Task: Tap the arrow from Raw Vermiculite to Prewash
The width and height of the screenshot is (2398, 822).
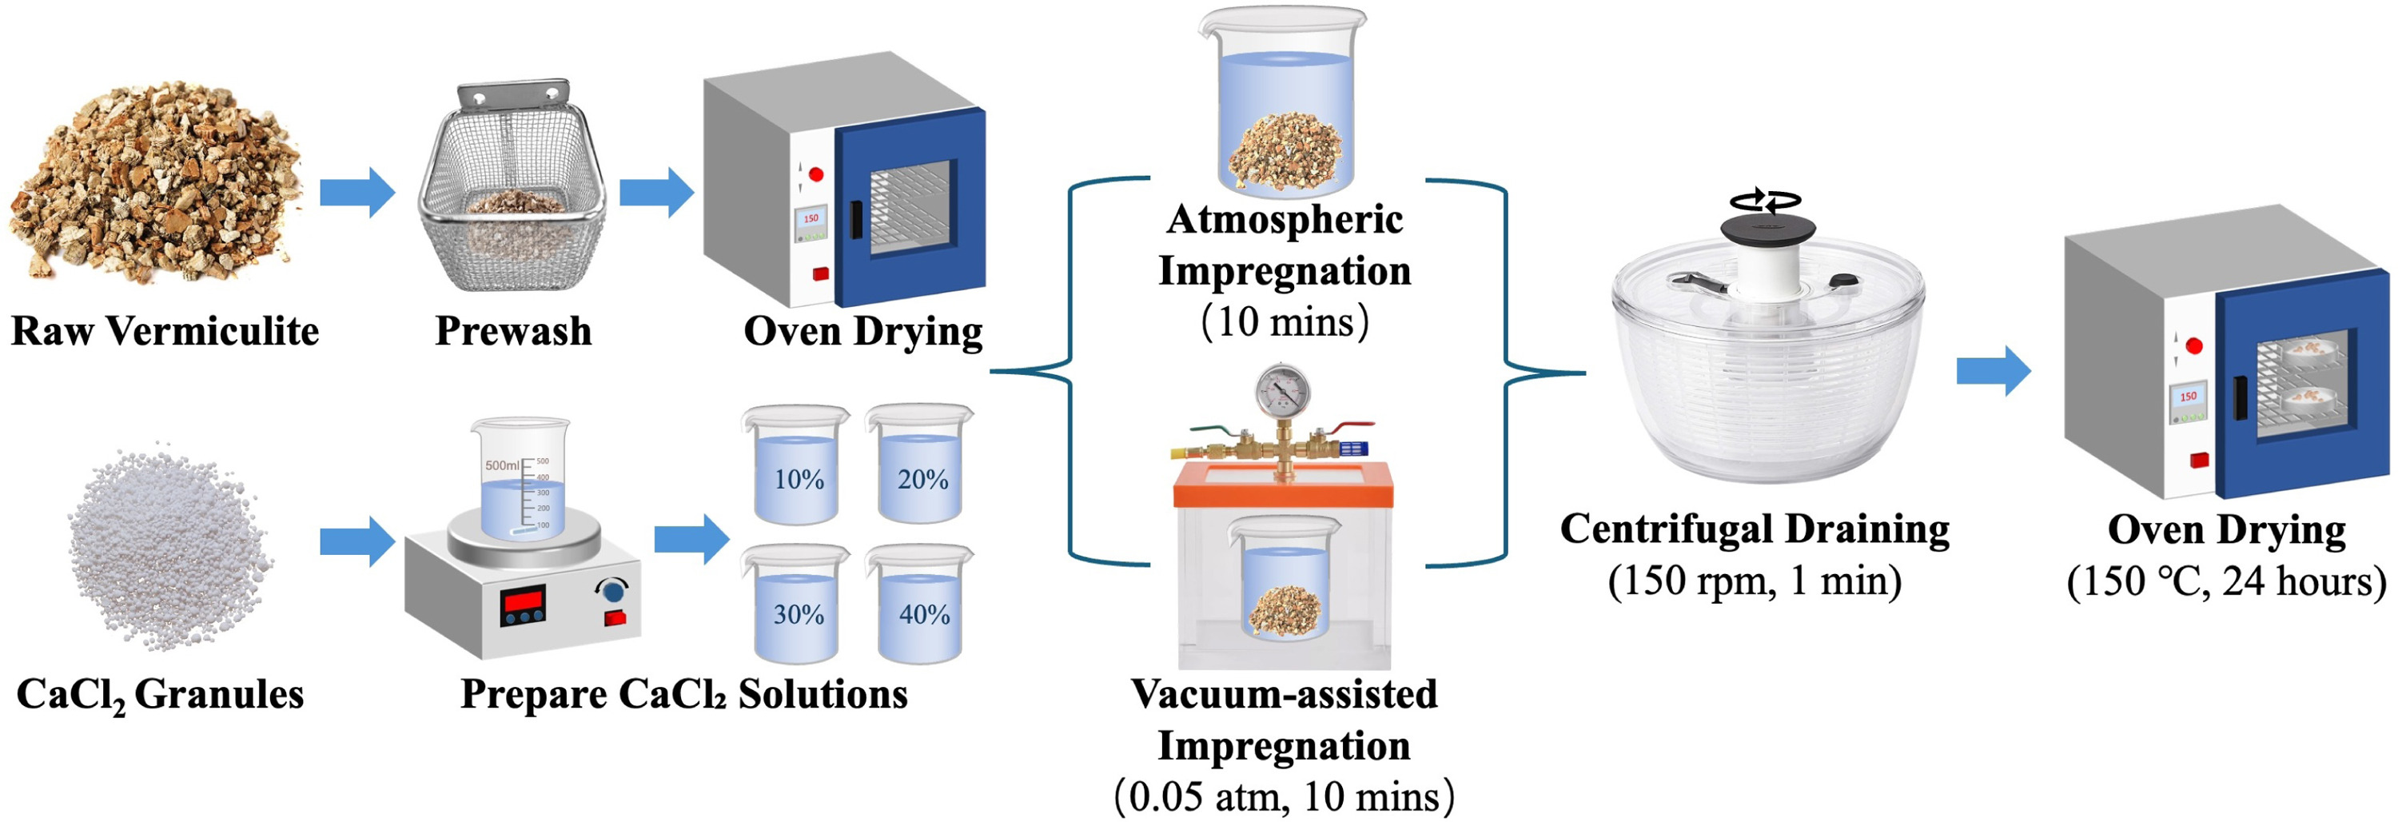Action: (357, 193)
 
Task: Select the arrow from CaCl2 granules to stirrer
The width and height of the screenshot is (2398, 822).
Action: (357, 541)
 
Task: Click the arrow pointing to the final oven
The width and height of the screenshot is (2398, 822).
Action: (1993, 370)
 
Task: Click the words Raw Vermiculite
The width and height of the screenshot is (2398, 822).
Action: (165, 331)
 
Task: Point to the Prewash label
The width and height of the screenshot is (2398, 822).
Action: (513, 331)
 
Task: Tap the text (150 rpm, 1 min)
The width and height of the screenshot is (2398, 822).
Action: (1755, 581)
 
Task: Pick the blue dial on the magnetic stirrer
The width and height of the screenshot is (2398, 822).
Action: (611, 591)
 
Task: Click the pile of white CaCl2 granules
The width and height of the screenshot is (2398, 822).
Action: (168, 549)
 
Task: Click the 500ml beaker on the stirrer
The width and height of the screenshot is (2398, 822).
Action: (518, 480)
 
